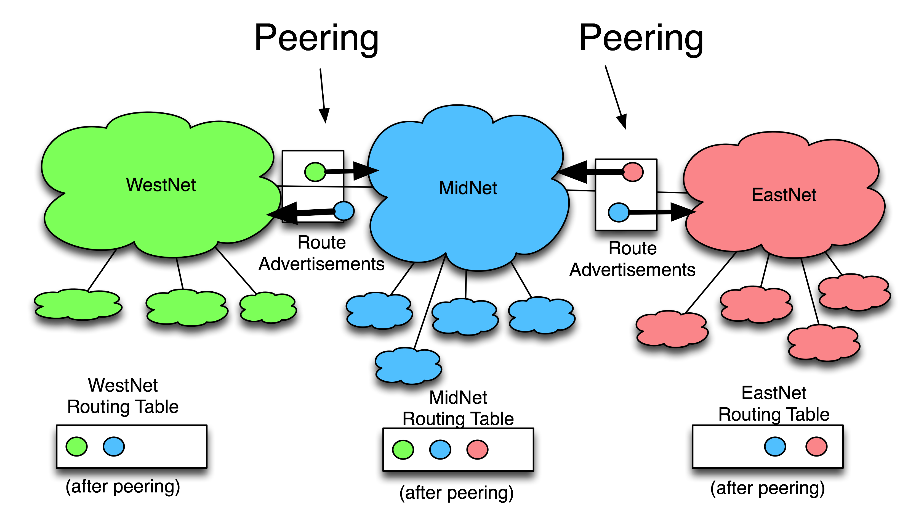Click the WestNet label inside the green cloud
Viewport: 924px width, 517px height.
161,185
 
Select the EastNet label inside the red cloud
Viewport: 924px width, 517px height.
784,195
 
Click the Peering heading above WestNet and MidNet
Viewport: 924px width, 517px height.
316,38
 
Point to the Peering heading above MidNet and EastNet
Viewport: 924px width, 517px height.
641,38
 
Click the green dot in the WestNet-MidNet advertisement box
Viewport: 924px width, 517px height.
315,172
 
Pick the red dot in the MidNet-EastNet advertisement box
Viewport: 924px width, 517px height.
633,172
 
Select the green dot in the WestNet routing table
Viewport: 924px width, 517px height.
76,446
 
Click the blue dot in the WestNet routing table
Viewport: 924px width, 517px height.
114,446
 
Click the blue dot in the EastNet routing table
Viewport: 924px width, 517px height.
775,446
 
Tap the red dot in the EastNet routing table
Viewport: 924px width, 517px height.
816,446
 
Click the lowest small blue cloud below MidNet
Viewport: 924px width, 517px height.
408,366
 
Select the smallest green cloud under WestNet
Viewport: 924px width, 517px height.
268,308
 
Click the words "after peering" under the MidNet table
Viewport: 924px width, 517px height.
456,493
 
